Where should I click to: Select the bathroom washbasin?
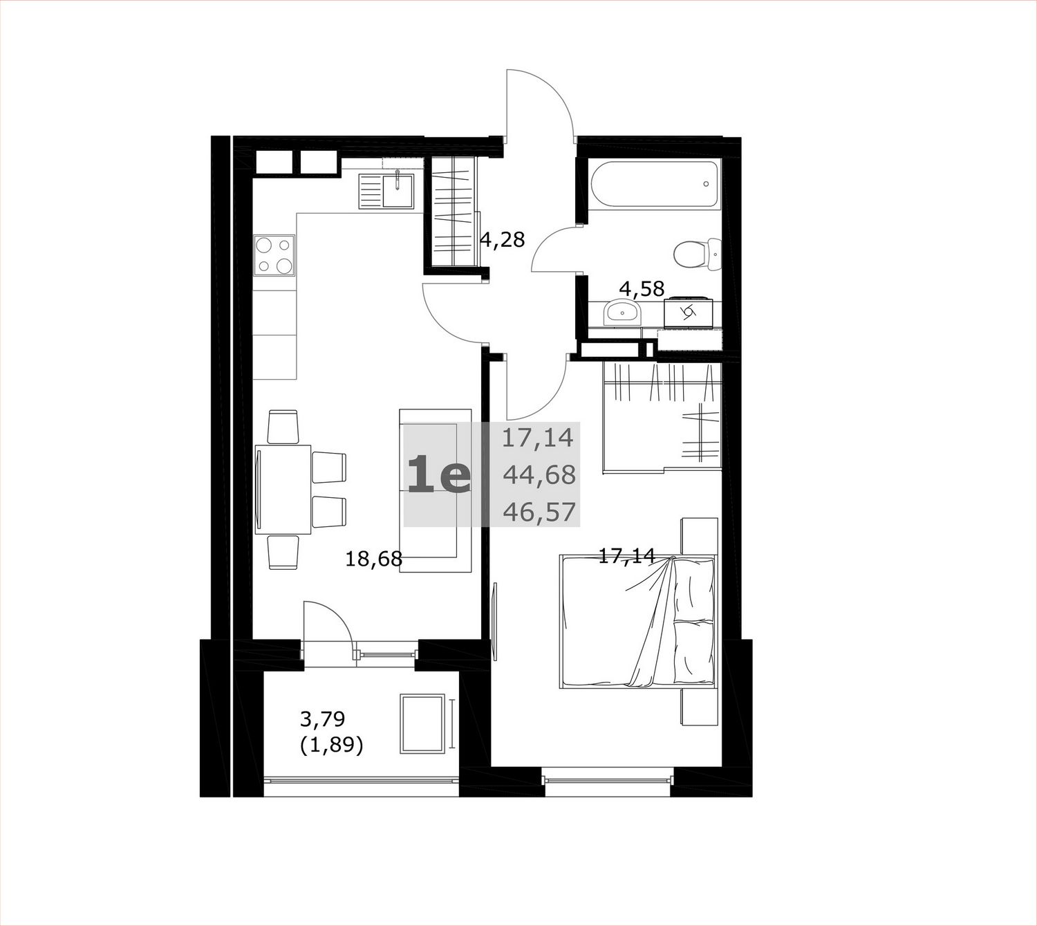pos(622,313)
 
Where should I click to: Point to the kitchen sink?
pos(386,191)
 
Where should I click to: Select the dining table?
pos(283,490)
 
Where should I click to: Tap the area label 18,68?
pos(374,558)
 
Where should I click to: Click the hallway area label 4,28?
pos(503,239)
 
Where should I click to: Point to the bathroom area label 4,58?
pos(642,289)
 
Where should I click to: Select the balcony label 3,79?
pos(322,719)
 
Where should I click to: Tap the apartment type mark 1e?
pos(439,475)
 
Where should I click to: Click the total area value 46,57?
pos(539,512)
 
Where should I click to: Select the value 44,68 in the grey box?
pos(539,475)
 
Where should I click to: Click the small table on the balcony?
pos(422,723)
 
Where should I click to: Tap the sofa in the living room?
pos(435,490)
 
